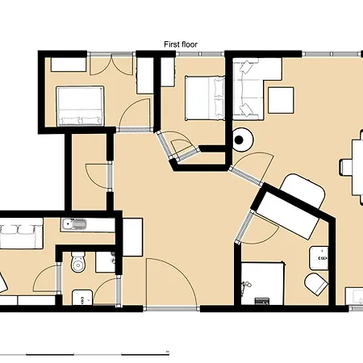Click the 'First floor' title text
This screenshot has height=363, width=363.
[181, 44]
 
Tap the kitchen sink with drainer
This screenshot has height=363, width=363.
[74, 224]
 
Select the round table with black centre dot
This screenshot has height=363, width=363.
[242, 140]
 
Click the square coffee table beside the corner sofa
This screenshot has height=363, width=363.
[281, 100]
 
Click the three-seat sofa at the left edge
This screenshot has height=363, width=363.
[21, 233]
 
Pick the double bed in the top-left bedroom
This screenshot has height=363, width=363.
[80, 106]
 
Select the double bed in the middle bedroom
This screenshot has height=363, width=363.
[205, 98]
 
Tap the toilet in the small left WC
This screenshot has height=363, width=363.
[78, 261]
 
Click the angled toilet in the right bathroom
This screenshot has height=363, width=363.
[316, 285]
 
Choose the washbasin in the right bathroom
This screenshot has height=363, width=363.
[319, 258]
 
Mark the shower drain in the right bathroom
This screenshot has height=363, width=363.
[262, 301]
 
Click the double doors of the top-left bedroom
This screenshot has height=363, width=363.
[111, 65]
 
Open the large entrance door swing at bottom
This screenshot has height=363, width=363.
[172, 282]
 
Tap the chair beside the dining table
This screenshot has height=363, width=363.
[347, 167]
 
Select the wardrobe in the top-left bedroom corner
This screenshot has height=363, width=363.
[69, 65]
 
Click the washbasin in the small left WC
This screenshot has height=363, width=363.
[82, 298]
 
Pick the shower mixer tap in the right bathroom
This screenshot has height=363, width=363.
[245, 286]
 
